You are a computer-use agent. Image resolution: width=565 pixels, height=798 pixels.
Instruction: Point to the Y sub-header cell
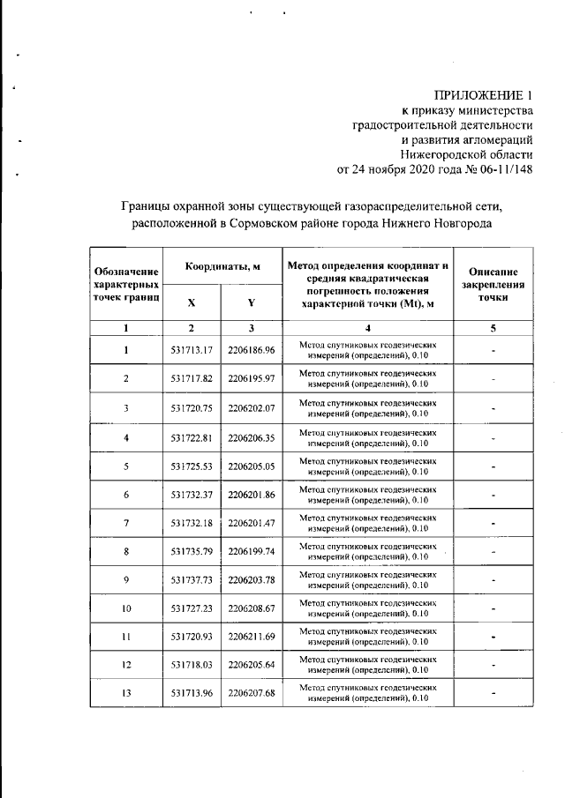(251, 302)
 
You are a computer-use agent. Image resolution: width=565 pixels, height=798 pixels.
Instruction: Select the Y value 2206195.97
(251, 378)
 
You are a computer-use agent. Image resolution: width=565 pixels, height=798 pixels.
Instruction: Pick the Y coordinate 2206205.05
(251, 466)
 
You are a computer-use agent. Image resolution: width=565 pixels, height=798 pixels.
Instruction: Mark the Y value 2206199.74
(251, 552)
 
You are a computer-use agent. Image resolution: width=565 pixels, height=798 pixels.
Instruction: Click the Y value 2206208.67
(251, 609)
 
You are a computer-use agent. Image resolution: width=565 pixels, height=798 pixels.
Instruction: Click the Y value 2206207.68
(251, 694)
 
